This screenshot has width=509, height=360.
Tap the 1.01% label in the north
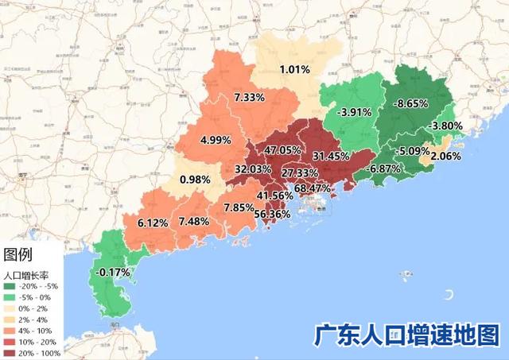(294, 70)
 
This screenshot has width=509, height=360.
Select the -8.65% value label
(412, 103)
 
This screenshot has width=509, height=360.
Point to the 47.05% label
(282, 150)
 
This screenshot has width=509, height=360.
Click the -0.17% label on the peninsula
(112, 272)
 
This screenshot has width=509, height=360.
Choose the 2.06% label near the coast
(446, 157)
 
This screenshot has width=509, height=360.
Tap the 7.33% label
(250, 97)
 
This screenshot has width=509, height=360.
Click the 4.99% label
(216, 140)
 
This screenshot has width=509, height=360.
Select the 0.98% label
(195, 180)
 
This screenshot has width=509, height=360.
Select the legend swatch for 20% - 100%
(10, 353)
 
